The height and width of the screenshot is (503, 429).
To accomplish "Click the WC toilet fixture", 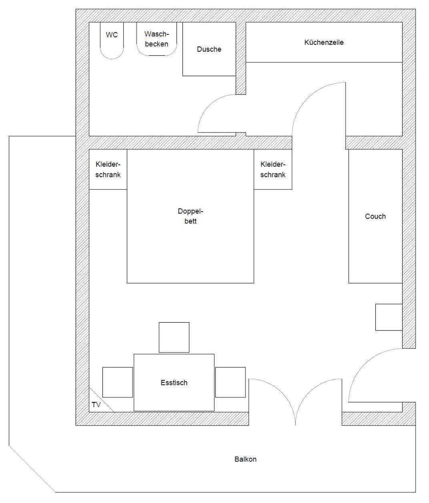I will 112,40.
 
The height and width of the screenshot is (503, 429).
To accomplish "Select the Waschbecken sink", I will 156,39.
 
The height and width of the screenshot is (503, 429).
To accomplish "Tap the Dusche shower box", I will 209,49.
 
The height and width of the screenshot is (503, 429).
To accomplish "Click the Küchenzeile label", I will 324,42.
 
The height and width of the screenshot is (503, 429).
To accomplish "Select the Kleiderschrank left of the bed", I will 108,169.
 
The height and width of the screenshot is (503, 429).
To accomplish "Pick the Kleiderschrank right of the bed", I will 273,169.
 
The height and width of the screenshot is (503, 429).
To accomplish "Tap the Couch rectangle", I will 375,216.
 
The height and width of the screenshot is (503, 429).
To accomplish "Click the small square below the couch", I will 389,317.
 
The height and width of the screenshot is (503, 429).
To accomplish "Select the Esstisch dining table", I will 174,382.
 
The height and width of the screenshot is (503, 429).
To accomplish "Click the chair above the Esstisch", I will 174,337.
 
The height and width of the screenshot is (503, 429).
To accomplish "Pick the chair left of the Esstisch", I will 118,382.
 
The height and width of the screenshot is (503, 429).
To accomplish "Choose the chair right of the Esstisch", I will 231,382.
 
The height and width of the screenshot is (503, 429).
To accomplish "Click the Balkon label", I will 245,459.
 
